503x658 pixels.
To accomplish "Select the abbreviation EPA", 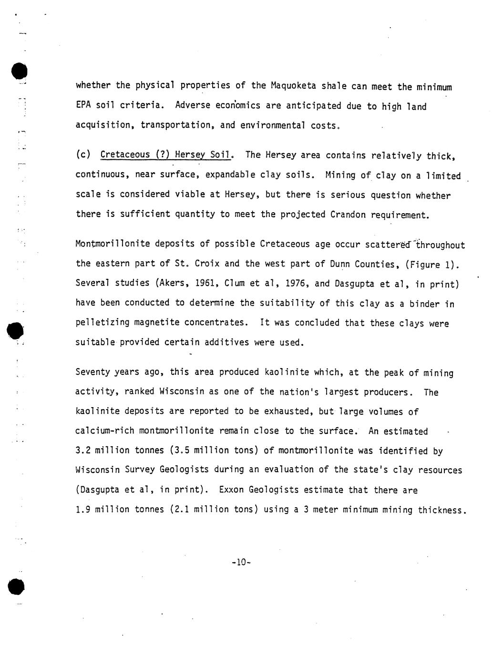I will coord(83,105).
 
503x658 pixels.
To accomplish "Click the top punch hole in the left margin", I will coord(19,71).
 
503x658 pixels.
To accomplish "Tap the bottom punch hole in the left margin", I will coord(17,586).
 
